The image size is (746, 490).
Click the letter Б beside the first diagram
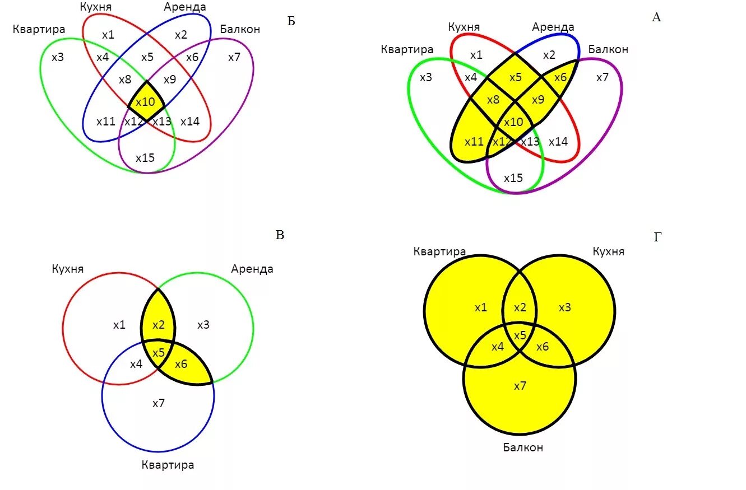291,22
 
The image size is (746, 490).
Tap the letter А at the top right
656,17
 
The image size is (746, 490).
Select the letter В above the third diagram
280,235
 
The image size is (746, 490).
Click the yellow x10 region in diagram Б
146,102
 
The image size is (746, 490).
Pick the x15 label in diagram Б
145,158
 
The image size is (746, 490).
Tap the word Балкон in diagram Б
240,29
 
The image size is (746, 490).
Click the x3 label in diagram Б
57,57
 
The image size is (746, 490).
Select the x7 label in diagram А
602,78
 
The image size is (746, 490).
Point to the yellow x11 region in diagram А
474,142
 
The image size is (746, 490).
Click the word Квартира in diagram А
407,50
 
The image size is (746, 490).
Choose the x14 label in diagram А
558,142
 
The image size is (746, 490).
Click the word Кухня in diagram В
67,269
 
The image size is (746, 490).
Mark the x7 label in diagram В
159,403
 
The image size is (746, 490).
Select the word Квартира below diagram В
168,465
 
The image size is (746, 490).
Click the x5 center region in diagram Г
520,335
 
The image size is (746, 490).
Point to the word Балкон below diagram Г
522,447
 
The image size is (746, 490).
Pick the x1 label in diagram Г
481,307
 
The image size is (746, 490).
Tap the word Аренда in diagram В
252,269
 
